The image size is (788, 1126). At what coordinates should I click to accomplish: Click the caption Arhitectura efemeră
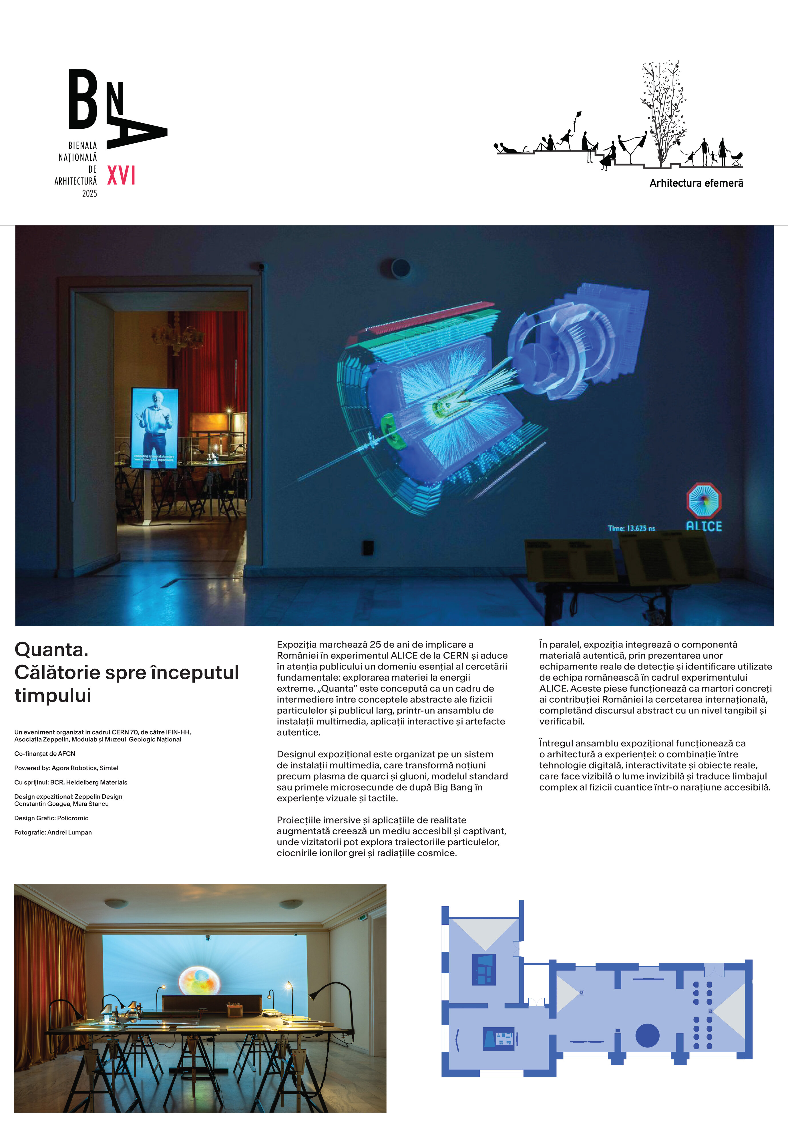pyautogui.click(x=696, y=183)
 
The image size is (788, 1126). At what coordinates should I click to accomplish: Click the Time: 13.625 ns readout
pyautogui.click(x=631, y=528)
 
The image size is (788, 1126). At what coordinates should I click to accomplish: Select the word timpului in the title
pyautogui.click(x=53, y=695)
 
